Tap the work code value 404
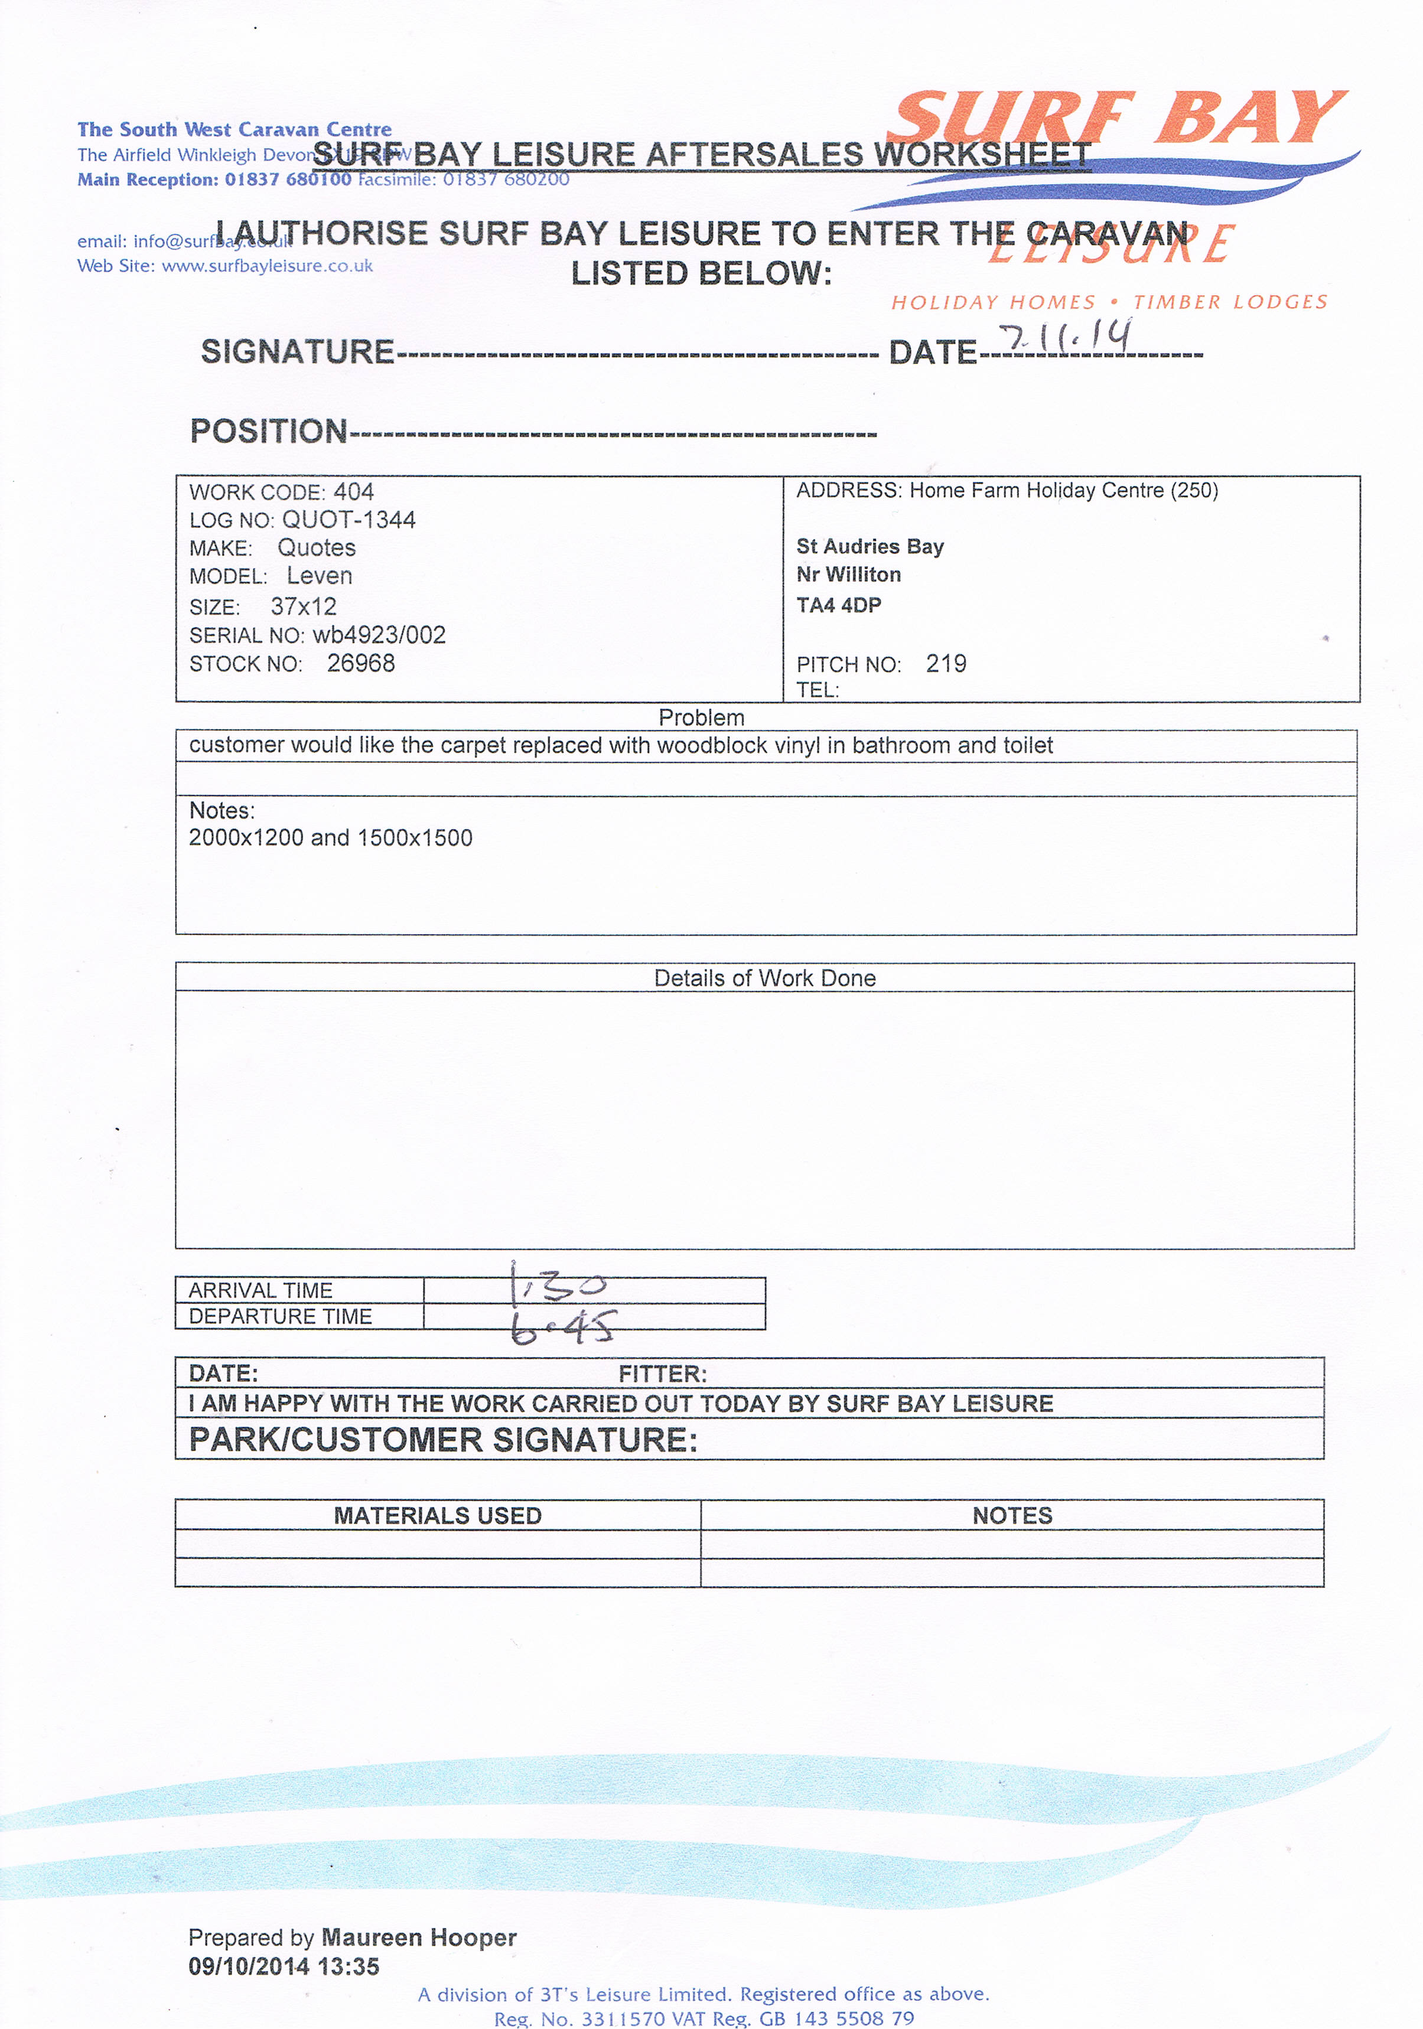(x=354, y=492)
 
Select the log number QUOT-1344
(x=349, y=520)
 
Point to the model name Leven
(x=319, y=576)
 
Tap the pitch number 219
(x=946, y=664)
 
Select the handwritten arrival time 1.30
(x=558, y=1285)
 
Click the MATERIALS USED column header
(x=438, y=1516)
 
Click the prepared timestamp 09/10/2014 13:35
(x=284, y=1966)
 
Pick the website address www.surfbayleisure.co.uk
(x=267, y=266)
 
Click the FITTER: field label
(x=663, y=1374)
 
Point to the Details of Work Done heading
(x=764, y=978)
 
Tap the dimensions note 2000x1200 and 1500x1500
(x=331, y=838)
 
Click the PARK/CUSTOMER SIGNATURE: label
(x=443, y=1440)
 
